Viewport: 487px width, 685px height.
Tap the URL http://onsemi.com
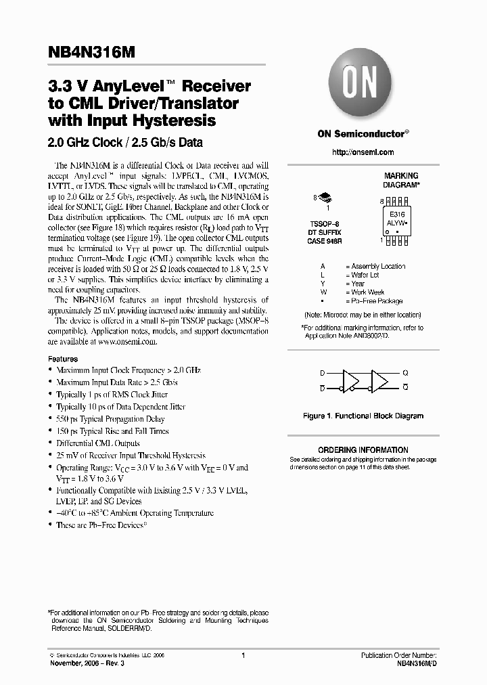pyautogui.click(x=363, y=152)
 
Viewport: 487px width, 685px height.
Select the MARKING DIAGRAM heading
pyautogui.click(x=401, y=179)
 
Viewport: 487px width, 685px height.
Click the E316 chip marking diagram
pyautogui.click(x=398, y=219)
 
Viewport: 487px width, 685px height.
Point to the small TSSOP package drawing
pyautogui.click(x=325, y=198)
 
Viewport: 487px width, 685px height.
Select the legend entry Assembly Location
pyautogui.click(x=378, y=266)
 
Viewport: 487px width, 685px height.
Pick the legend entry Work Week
pyautogui.click(x=368, y=292)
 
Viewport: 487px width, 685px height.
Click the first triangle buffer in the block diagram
pyautogui.click(x=352, y=380)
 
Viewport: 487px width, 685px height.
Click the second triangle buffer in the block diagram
pyautogui.click(x=379, y=380)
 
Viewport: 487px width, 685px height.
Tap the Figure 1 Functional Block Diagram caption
pyautogui.click(x=363, y=416)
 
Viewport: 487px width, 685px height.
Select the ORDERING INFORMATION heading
pyautogui.click(x=363, y=450)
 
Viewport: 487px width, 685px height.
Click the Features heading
pyautogui.click(x=63, y=359)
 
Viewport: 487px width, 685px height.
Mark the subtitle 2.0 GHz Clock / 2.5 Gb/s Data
pyautogui.click(x=125, y=143)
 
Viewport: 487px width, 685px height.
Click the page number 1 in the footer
pyautogui.click(x=243, y=655)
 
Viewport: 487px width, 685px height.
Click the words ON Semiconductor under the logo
pyautogui.click(x=361, y=134)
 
